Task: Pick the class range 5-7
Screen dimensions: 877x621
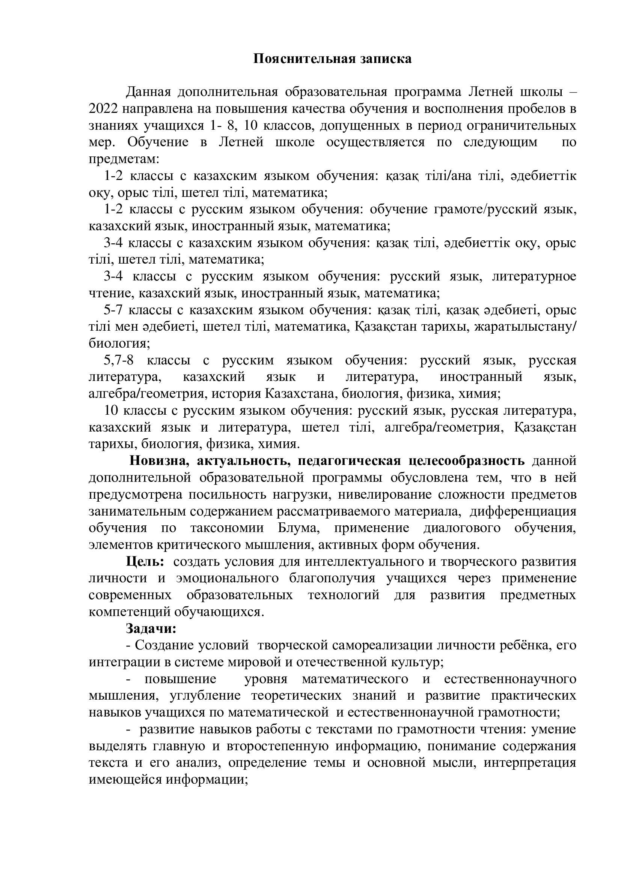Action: [x=113, y=310]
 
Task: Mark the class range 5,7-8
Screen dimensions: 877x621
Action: [x=119, y=360]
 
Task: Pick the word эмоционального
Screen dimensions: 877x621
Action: [x=227, y=578]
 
